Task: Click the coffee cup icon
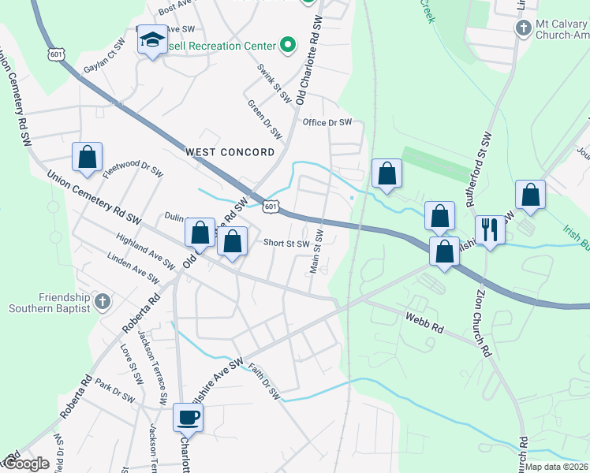[189, 417]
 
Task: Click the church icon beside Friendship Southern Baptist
[101, 301]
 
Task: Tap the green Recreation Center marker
[288, 45]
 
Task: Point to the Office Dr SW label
[327, 123]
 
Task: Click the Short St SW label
[286, 244]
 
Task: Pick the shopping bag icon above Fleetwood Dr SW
[87, 157]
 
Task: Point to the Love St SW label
[130, 364]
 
